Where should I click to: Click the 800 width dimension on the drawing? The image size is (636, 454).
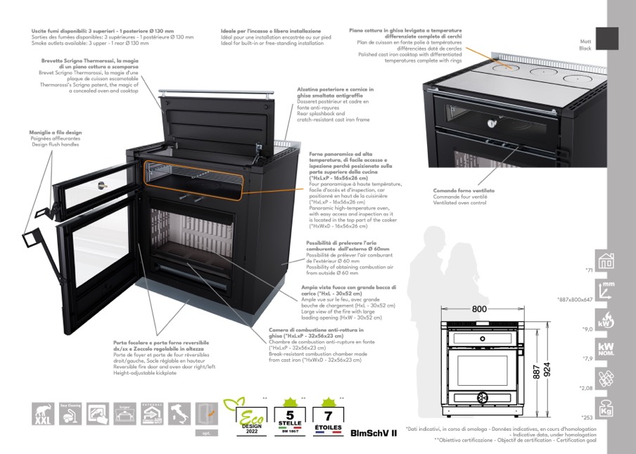[480, 309]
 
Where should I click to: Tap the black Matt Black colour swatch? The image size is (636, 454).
[606, 38]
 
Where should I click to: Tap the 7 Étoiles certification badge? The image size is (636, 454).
[327, 417]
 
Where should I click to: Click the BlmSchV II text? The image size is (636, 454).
[374, 433]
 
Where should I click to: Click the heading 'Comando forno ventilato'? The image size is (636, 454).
[464, 191]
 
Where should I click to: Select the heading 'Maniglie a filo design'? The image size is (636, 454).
[56, 132]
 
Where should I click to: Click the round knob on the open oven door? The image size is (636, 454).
[102, 186]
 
